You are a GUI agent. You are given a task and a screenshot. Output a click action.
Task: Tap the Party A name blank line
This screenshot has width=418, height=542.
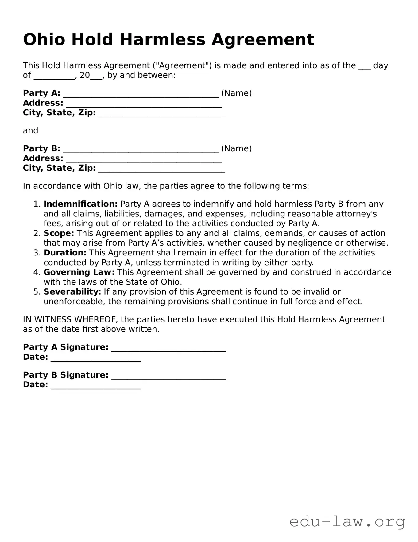141,94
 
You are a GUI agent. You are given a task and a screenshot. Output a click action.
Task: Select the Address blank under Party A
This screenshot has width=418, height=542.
144,104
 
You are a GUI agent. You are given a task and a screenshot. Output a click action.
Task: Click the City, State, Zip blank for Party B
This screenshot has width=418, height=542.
161,169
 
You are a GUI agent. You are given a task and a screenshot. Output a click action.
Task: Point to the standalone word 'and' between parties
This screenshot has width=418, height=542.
31,131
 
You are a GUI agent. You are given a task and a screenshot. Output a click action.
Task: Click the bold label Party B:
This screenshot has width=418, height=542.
42,148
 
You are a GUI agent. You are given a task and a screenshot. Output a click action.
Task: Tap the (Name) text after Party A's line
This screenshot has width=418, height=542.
236,93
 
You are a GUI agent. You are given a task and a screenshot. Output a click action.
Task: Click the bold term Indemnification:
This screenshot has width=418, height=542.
80,204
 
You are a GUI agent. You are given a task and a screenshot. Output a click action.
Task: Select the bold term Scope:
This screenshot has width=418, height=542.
59,233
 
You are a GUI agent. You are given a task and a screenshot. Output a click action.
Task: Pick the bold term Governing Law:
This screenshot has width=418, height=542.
79,272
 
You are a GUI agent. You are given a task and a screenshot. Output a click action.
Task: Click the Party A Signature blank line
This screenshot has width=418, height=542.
168,348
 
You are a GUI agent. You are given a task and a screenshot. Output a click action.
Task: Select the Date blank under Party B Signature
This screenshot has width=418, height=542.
95,386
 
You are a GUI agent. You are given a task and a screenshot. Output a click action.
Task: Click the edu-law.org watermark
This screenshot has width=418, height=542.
347,522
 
